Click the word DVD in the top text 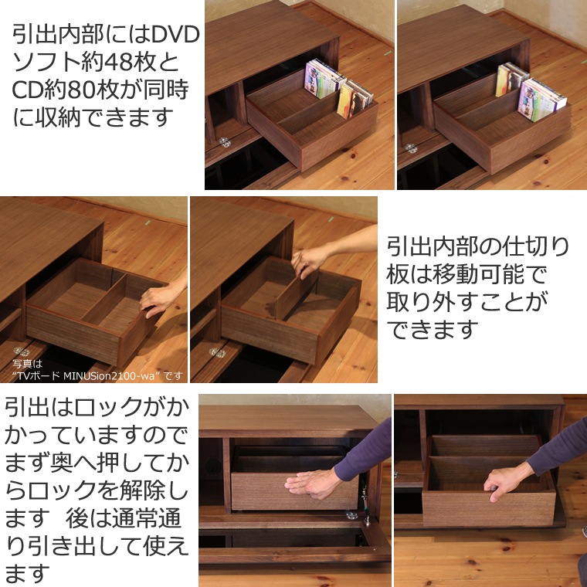pyautogui.click(x=175, y=35)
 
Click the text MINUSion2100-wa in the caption pyautogui.click(x=109, y=375)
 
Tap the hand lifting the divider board pyautogui.click(x=310, y=260)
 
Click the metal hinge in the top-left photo pyautogui.click(x=225, y=142)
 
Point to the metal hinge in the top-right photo pyautogui.click(x=411, y=148)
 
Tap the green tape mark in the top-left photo pyautogui.click(x=388, y=53)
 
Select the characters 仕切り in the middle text pyautogui.click(x=536, y=246)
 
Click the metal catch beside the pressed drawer pyautogui.click(x=365, y=498)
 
